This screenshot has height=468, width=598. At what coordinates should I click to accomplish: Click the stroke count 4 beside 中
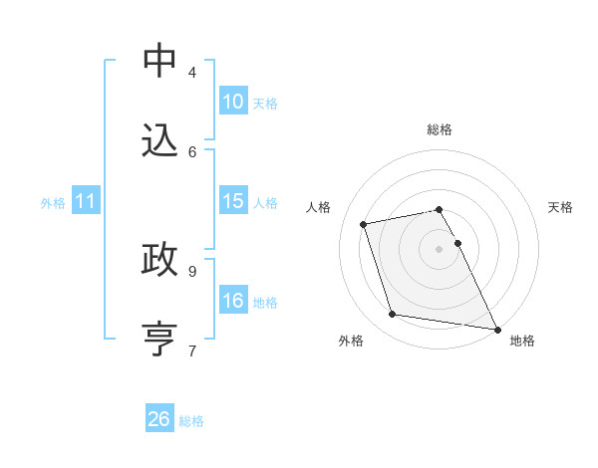point(192,72)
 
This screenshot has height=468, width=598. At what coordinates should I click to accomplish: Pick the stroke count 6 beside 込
point(192,151)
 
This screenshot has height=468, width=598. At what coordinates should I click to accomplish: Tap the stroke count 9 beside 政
point(192,270)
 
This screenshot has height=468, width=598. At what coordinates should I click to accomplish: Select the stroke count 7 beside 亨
point(192,350)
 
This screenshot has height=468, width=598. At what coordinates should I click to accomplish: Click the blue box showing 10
point(233,102)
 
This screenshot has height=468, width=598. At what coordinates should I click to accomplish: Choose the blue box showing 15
point(233,201)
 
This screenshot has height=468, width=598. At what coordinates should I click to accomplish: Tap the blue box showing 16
point(233,301)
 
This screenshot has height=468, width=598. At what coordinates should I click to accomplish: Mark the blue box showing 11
point(86,201)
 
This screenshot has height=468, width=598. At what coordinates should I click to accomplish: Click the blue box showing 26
point(159,419)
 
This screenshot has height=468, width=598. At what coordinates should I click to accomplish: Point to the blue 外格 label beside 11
point(53,203)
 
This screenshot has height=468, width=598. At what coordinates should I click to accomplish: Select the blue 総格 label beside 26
point(191,421)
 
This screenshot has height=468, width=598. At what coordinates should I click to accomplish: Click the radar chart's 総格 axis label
point(440,129)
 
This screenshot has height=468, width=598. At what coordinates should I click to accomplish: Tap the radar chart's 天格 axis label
point(560,207)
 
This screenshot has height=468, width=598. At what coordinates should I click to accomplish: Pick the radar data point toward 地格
point(495,328)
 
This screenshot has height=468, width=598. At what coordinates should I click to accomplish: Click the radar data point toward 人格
point(364,224)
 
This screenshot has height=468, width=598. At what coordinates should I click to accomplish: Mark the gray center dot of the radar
point(440,249)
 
